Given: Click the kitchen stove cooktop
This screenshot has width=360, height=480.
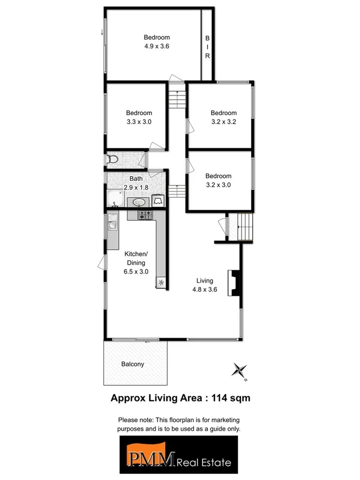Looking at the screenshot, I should point(145,215).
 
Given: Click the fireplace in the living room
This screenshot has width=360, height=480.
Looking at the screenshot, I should point(234,283).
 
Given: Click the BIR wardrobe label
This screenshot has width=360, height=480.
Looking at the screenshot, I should point(207,47).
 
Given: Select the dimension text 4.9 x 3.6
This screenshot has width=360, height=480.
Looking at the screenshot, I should point(156,46).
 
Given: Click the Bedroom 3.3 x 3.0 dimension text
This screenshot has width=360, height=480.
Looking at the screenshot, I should point(139,122).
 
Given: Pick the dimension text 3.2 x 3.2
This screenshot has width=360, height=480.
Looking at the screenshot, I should point(223,122).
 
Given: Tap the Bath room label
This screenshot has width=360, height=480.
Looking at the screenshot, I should point(135,179).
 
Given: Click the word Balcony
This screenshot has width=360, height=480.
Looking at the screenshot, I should point(132,364).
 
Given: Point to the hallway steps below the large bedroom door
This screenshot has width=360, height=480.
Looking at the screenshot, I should point(176,99).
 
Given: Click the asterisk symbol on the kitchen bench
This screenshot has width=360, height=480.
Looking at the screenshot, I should point(160,283).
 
